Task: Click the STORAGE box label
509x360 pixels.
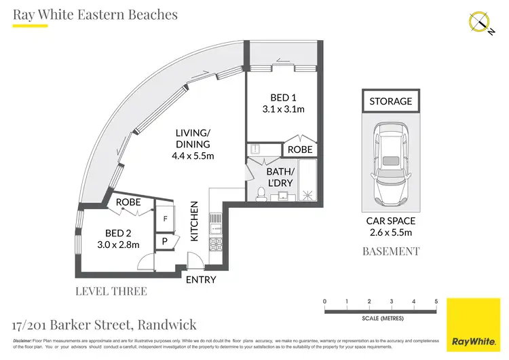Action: point(390,101)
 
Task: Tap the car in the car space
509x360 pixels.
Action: point(390,165)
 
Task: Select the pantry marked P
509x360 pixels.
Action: point(165,240)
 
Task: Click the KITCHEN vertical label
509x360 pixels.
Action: point(194,221)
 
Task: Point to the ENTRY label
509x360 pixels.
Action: point(201,279)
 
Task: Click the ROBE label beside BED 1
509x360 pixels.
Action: point(300,149)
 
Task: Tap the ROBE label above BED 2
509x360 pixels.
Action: point(128,202)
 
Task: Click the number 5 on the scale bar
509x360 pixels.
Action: point(436,302)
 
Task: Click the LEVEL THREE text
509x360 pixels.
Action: point(112,291)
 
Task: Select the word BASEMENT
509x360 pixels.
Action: point(390,251)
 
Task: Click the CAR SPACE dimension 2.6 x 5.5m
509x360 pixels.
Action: point(390,232)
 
